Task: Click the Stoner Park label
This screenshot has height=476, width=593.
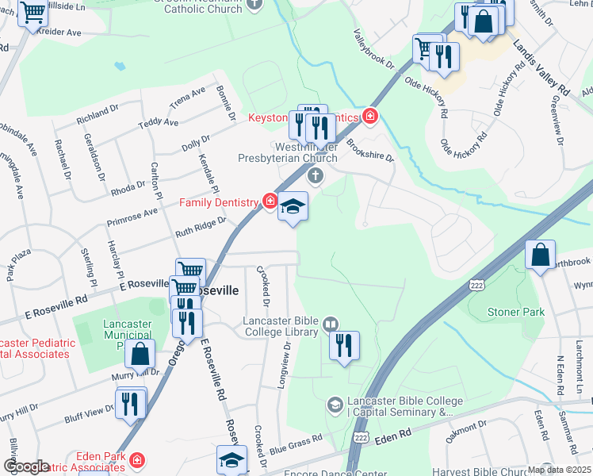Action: coord(516,312)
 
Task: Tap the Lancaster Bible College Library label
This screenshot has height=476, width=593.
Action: coord(281,326)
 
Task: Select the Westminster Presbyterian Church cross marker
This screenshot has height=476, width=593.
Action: coord(316,175)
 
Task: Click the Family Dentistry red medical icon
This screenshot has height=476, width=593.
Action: coord(270,202)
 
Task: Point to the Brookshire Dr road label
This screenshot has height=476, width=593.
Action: coord(370,152)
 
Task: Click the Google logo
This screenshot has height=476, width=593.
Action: coord(25,466)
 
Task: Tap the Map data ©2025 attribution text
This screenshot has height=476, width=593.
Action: coord(559,470)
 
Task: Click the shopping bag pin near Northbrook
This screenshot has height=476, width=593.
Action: coord(540,256)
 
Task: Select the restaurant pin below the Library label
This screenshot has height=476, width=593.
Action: coord(345,346)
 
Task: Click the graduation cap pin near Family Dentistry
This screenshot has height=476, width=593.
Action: coord(293,207)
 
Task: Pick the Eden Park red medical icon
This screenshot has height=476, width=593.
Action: coord(136,459)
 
